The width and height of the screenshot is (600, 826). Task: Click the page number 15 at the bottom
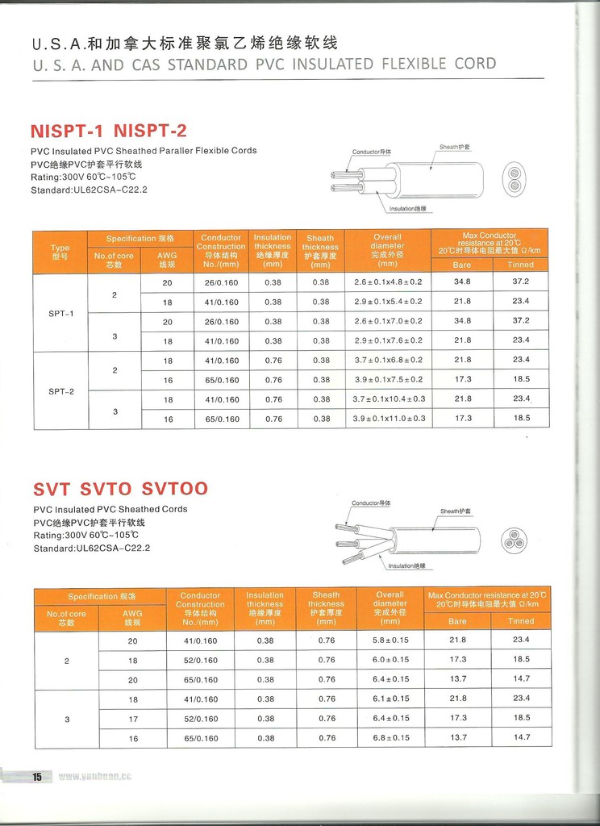point(36,777)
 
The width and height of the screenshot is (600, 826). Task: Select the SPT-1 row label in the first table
point(60,312)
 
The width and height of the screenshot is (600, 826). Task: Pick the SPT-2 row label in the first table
point(60,391)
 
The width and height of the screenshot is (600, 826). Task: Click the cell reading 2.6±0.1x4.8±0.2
point(388,282)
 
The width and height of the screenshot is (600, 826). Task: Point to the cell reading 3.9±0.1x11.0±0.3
point(390,419)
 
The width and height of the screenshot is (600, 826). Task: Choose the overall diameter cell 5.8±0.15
point(390,640)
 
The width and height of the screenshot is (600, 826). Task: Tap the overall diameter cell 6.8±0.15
point(390,738)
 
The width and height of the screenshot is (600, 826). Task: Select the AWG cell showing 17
point(133,719)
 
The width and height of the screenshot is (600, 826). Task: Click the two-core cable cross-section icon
point(514,179)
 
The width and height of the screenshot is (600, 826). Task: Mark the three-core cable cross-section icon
point(514,540)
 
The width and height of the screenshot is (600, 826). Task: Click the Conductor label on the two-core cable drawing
point(372,152)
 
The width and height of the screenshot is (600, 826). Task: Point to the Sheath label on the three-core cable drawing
point(456,511)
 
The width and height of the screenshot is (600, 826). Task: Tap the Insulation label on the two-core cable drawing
point(408,208)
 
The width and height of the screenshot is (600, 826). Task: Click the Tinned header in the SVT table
point(521,621)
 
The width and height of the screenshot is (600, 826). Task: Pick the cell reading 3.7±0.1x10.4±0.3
point(390,399)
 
